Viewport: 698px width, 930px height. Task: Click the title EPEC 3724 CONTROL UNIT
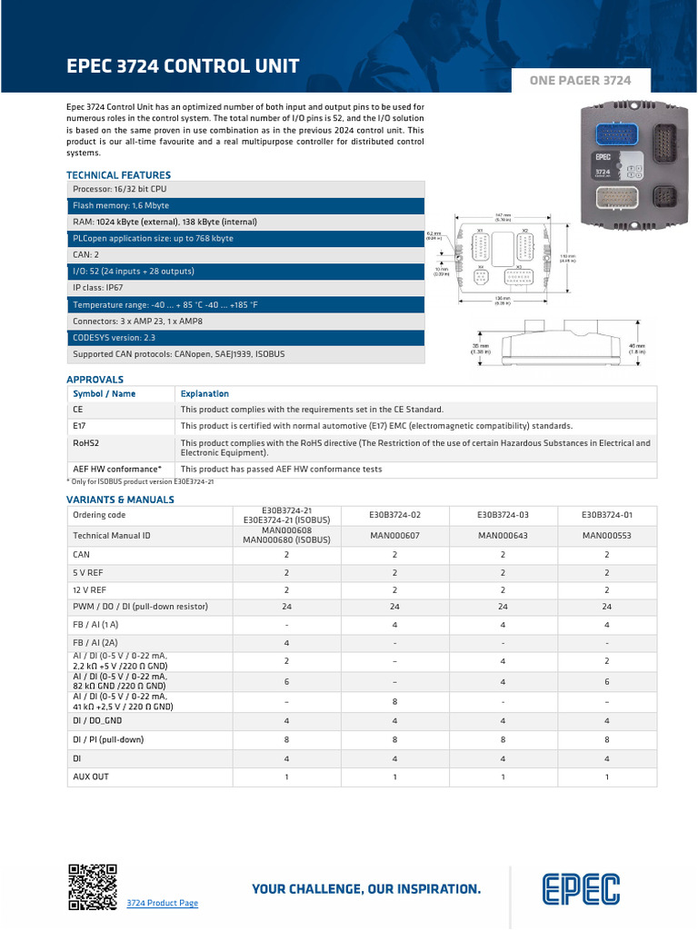point(183,66)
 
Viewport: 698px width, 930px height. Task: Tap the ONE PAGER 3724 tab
point(581,81)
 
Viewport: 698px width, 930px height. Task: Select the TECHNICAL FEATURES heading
point(118,174)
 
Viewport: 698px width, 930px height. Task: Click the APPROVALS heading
point(95,379)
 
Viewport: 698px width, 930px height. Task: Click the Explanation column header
point(204,393)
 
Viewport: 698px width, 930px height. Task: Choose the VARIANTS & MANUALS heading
point(120,499)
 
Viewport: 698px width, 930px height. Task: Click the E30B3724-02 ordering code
point(394,514)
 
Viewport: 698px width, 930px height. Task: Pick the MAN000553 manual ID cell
point(606,536)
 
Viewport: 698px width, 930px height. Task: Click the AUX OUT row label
point(91,777)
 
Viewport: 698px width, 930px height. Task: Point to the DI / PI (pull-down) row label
point(108,739)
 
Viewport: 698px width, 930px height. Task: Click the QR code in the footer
point(94,886)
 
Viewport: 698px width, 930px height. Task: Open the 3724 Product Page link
point(162,903)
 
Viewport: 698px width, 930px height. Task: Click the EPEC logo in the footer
point(582,890)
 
